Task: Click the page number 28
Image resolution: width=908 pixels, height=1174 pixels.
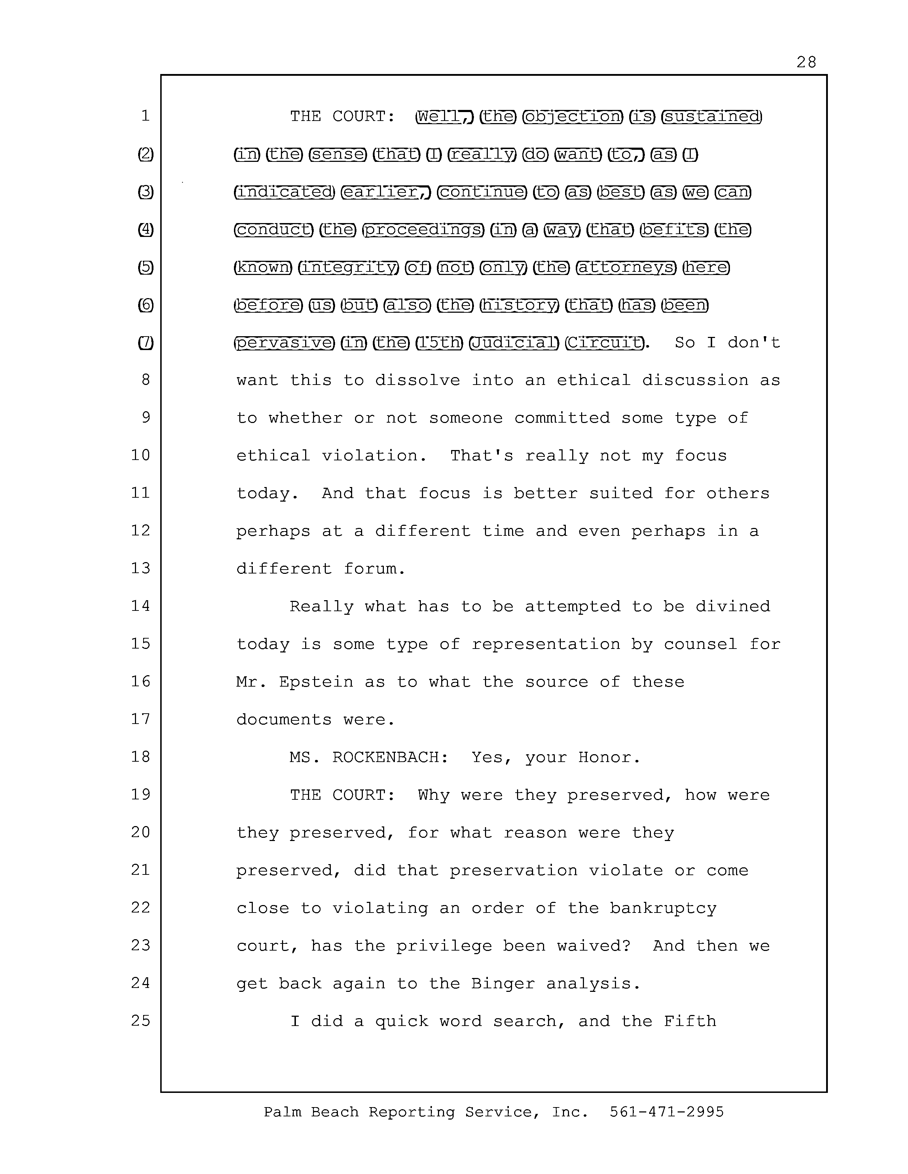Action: (806, 62)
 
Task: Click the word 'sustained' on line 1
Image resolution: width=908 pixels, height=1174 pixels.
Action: (711, 117)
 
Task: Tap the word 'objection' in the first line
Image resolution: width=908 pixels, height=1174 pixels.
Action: (572, 117)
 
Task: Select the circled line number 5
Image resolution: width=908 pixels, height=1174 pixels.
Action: (145, 267)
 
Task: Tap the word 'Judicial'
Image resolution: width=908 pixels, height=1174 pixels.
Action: (514, 342)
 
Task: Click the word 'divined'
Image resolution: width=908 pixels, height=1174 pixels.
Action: (733, 606)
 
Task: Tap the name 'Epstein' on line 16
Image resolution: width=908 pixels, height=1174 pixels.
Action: (316, 682)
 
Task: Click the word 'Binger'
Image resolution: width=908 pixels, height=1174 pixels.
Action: (502, 984)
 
